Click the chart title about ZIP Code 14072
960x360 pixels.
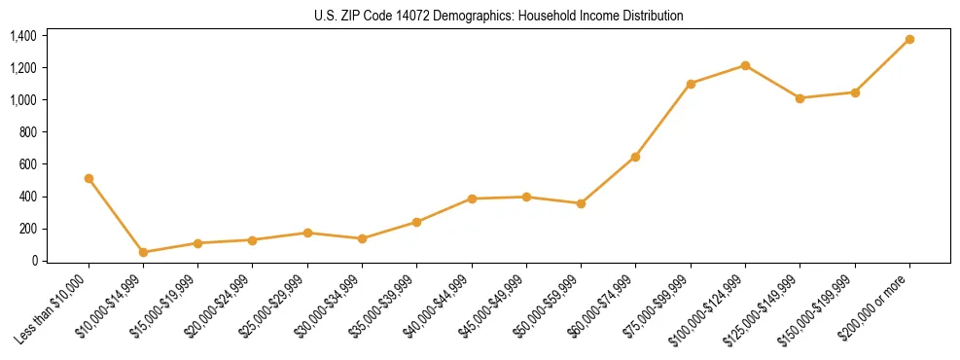[x=499, y=16]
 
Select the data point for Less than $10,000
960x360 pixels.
[x=89, y=178]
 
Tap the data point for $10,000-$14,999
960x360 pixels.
[x=143, y=252]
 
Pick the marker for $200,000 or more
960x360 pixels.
[x=909, y=39]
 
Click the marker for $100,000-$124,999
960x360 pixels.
[x=745, y=65]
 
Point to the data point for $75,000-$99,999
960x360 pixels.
[x=691, y=84]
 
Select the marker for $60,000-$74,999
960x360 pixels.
[x=635, y=157]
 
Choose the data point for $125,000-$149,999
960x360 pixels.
[x=800, y=98]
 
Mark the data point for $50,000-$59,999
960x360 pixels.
[x=581, y=203]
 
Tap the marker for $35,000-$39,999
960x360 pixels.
[x=416, y=222]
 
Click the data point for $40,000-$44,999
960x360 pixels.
[x=472, y=198]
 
